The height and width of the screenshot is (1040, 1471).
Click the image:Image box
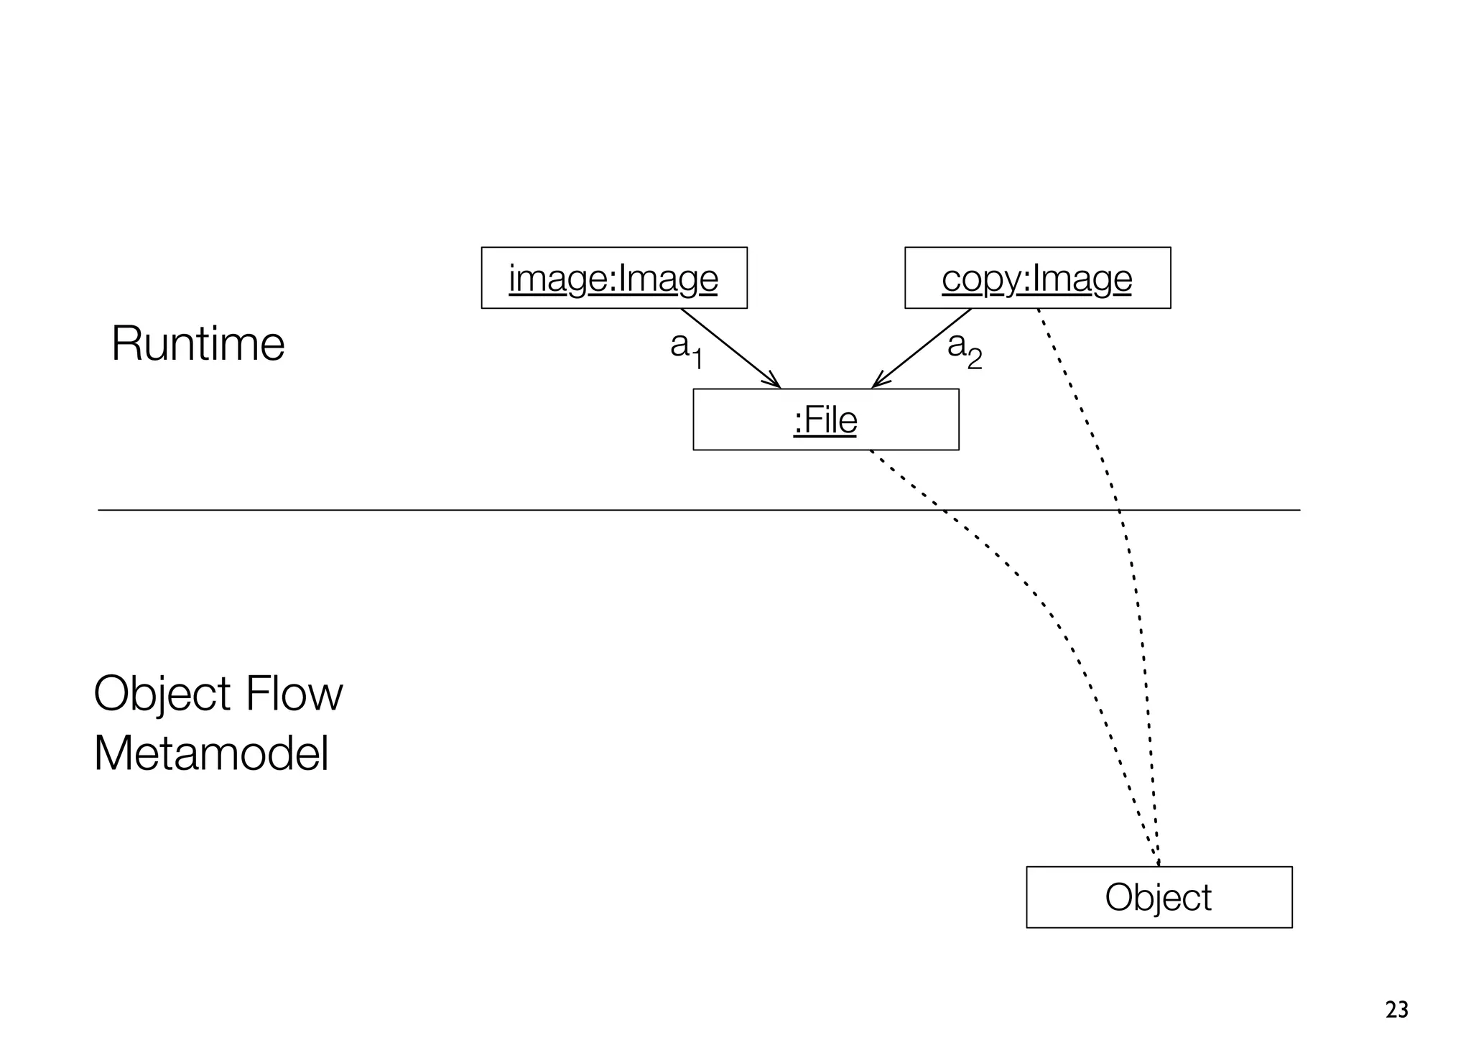pyautogui.click(x=613, y=278)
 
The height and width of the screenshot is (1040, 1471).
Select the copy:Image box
pyautogui.click(x=1036, y=278)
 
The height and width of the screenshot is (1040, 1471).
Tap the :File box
pyautogui.click(x=825, y=419)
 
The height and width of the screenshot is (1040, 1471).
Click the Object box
pyautogui.click(x=1159, y=897)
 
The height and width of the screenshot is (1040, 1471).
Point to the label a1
pyautogui.click(x=686, y=349)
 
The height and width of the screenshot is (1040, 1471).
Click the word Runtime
pyautogui.click(x=198, y=344)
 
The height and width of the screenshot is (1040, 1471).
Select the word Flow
pyautogui.click(x=294, y=694)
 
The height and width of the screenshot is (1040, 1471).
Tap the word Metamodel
pyautogui.click(x=211, y=754)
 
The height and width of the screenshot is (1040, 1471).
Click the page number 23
pyautogui.click(x=1396, y=1010)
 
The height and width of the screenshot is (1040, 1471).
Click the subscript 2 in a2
pyautogui.click(x=974, y=359)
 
